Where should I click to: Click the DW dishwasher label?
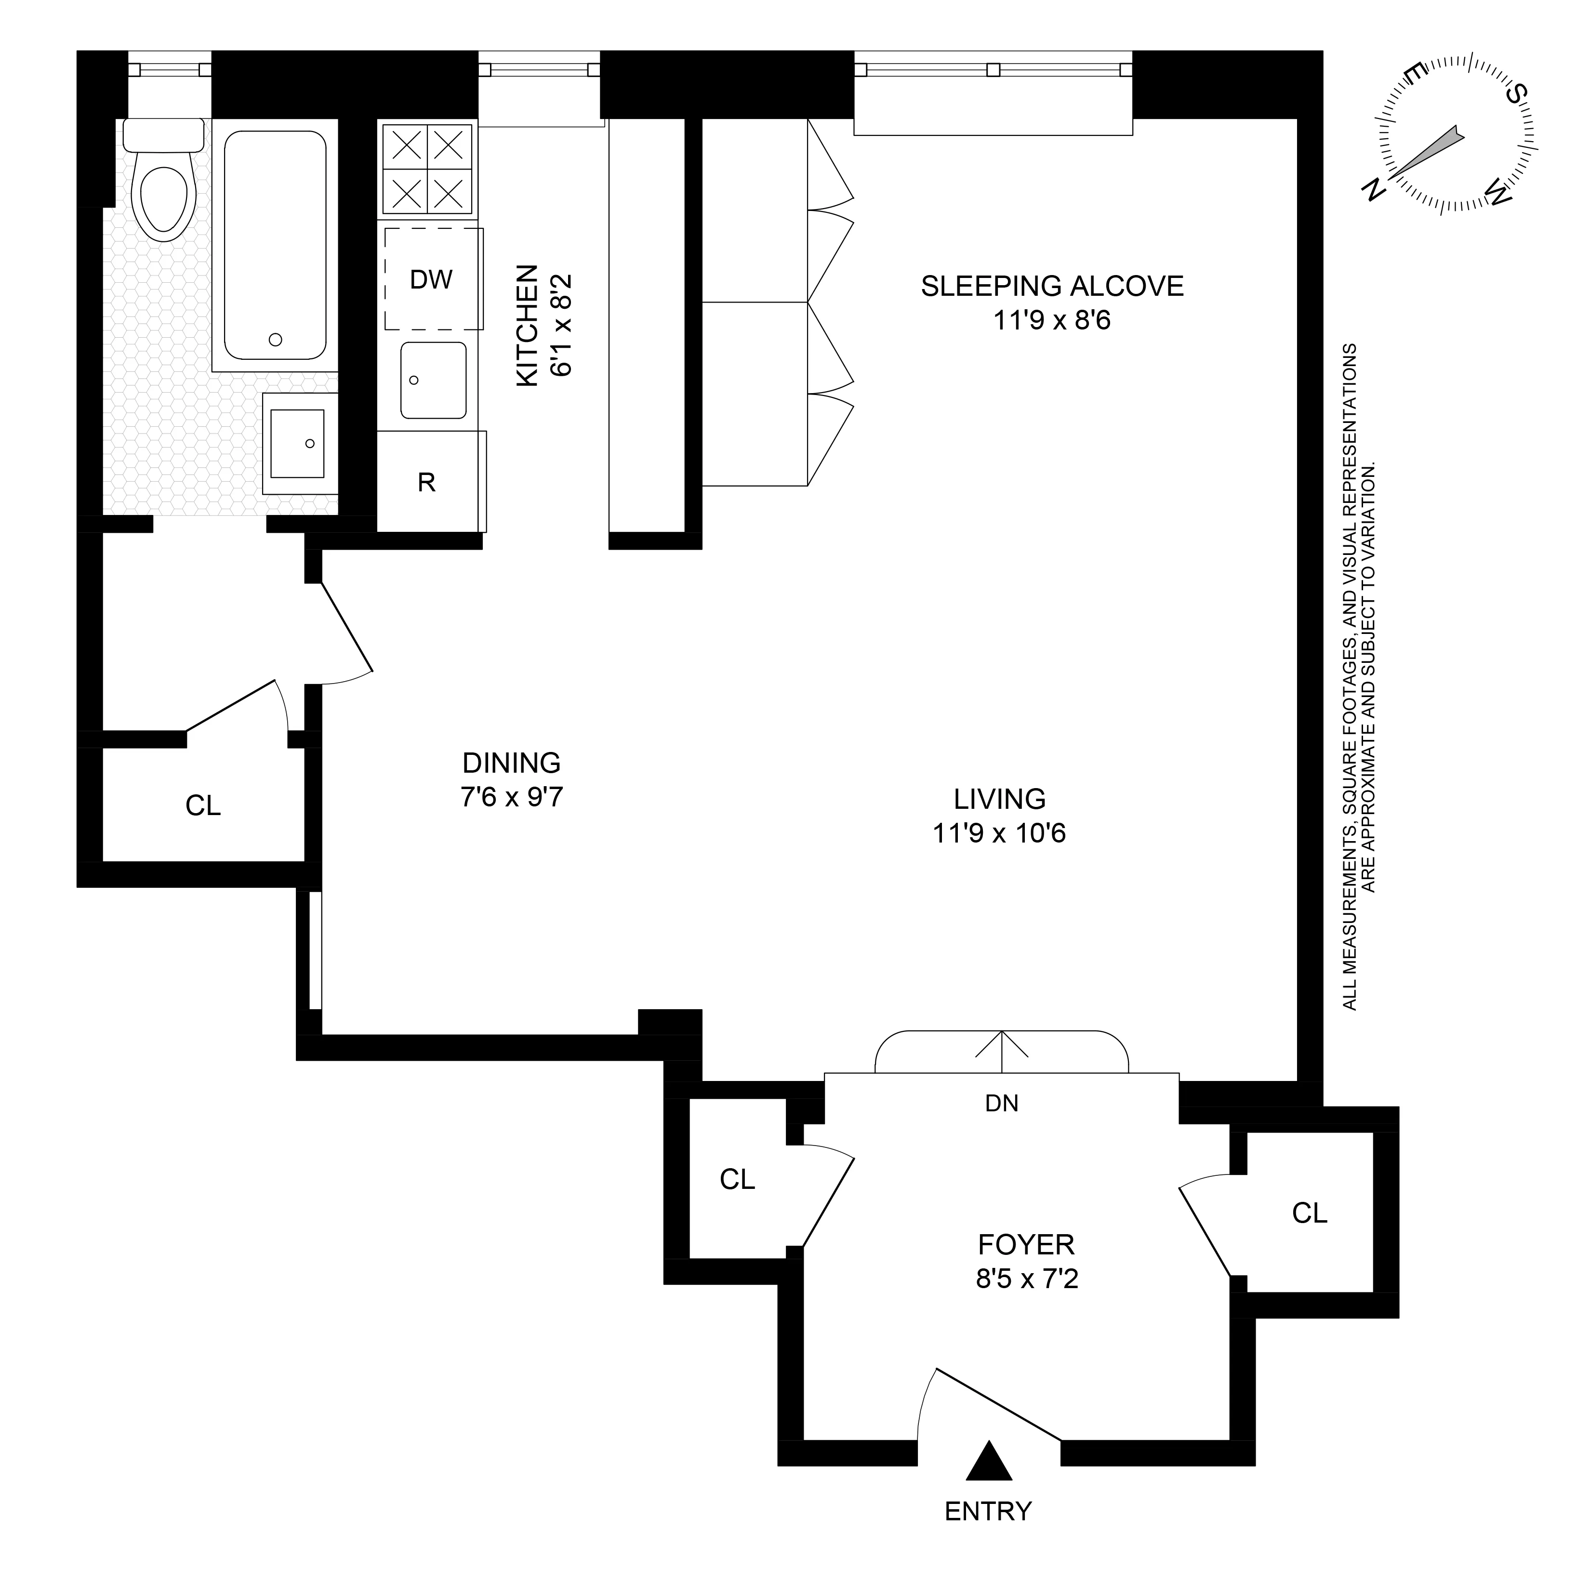pyautogui.click(x=431, y=280)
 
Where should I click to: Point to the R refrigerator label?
pyautogui.click(x=426, y=482)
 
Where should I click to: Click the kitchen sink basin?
pyautogui.click(x=433, y=380)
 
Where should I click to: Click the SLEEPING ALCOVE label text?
pyautogui.click(x=1052, y=287)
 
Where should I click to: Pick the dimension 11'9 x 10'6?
pyautogui.click(x=999, y=833)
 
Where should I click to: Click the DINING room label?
pyautogui.click(x=511, y=763)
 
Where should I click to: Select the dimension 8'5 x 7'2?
pyautogui.click(x=1026, y=1279)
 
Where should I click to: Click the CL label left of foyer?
pyautogui.click(x=737, y=1179)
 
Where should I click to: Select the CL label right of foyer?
pyautogui.click(x=1310, y=1212)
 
